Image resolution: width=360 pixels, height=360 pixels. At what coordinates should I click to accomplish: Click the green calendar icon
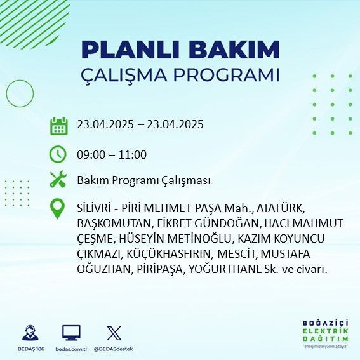58,125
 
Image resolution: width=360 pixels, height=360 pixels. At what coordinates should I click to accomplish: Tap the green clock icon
58,154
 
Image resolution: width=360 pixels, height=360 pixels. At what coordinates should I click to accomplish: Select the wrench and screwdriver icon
58,180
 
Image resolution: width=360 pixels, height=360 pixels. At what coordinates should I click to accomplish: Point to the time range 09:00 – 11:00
111,154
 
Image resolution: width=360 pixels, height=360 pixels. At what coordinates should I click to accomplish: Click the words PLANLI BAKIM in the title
180,50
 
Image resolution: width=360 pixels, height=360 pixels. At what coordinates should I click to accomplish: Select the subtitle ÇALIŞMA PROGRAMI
180,75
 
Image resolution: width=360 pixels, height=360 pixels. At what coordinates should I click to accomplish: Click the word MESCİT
237,254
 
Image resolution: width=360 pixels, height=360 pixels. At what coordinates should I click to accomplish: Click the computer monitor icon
71,333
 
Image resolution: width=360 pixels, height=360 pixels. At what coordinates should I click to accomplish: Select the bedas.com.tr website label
71,349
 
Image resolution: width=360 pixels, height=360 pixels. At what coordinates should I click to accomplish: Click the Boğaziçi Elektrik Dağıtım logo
326,335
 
